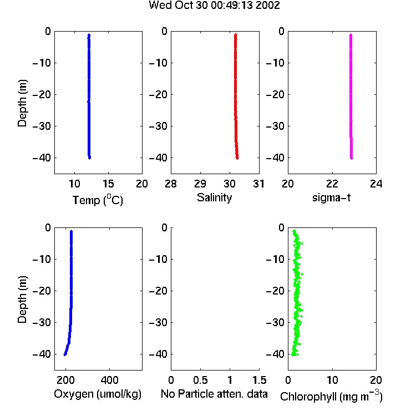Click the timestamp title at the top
coord(214,5)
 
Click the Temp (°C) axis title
coord(98,200)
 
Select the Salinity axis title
coord(214,197)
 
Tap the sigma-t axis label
coord(331,197)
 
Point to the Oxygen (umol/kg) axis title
coord(98,394)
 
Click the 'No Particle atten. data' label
coord(214,394)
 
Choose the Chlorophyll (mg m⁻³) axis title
coord(331,396)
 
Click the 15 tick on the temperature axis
coord(108,184)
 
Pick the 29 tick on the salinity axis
coord(200,184)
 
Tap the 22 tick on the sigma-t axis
coord(332,184)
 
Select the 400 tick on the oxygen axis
coord(110,380)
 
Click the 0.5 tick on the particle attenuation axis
coord(200,380)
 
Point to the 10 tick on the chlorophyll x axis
coord(332,380)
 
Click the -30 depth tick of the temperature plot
coord(42,126)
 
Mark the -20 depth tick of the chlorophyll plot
coord(275,291)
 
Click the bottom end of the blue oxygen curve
coord(65,355)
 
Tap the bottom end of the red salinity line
coord(237,159)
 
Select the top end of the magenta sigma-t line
coord(351,34)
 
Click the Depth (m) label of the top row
coord(22,103)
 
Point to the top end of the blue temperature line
coord(89,34)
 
